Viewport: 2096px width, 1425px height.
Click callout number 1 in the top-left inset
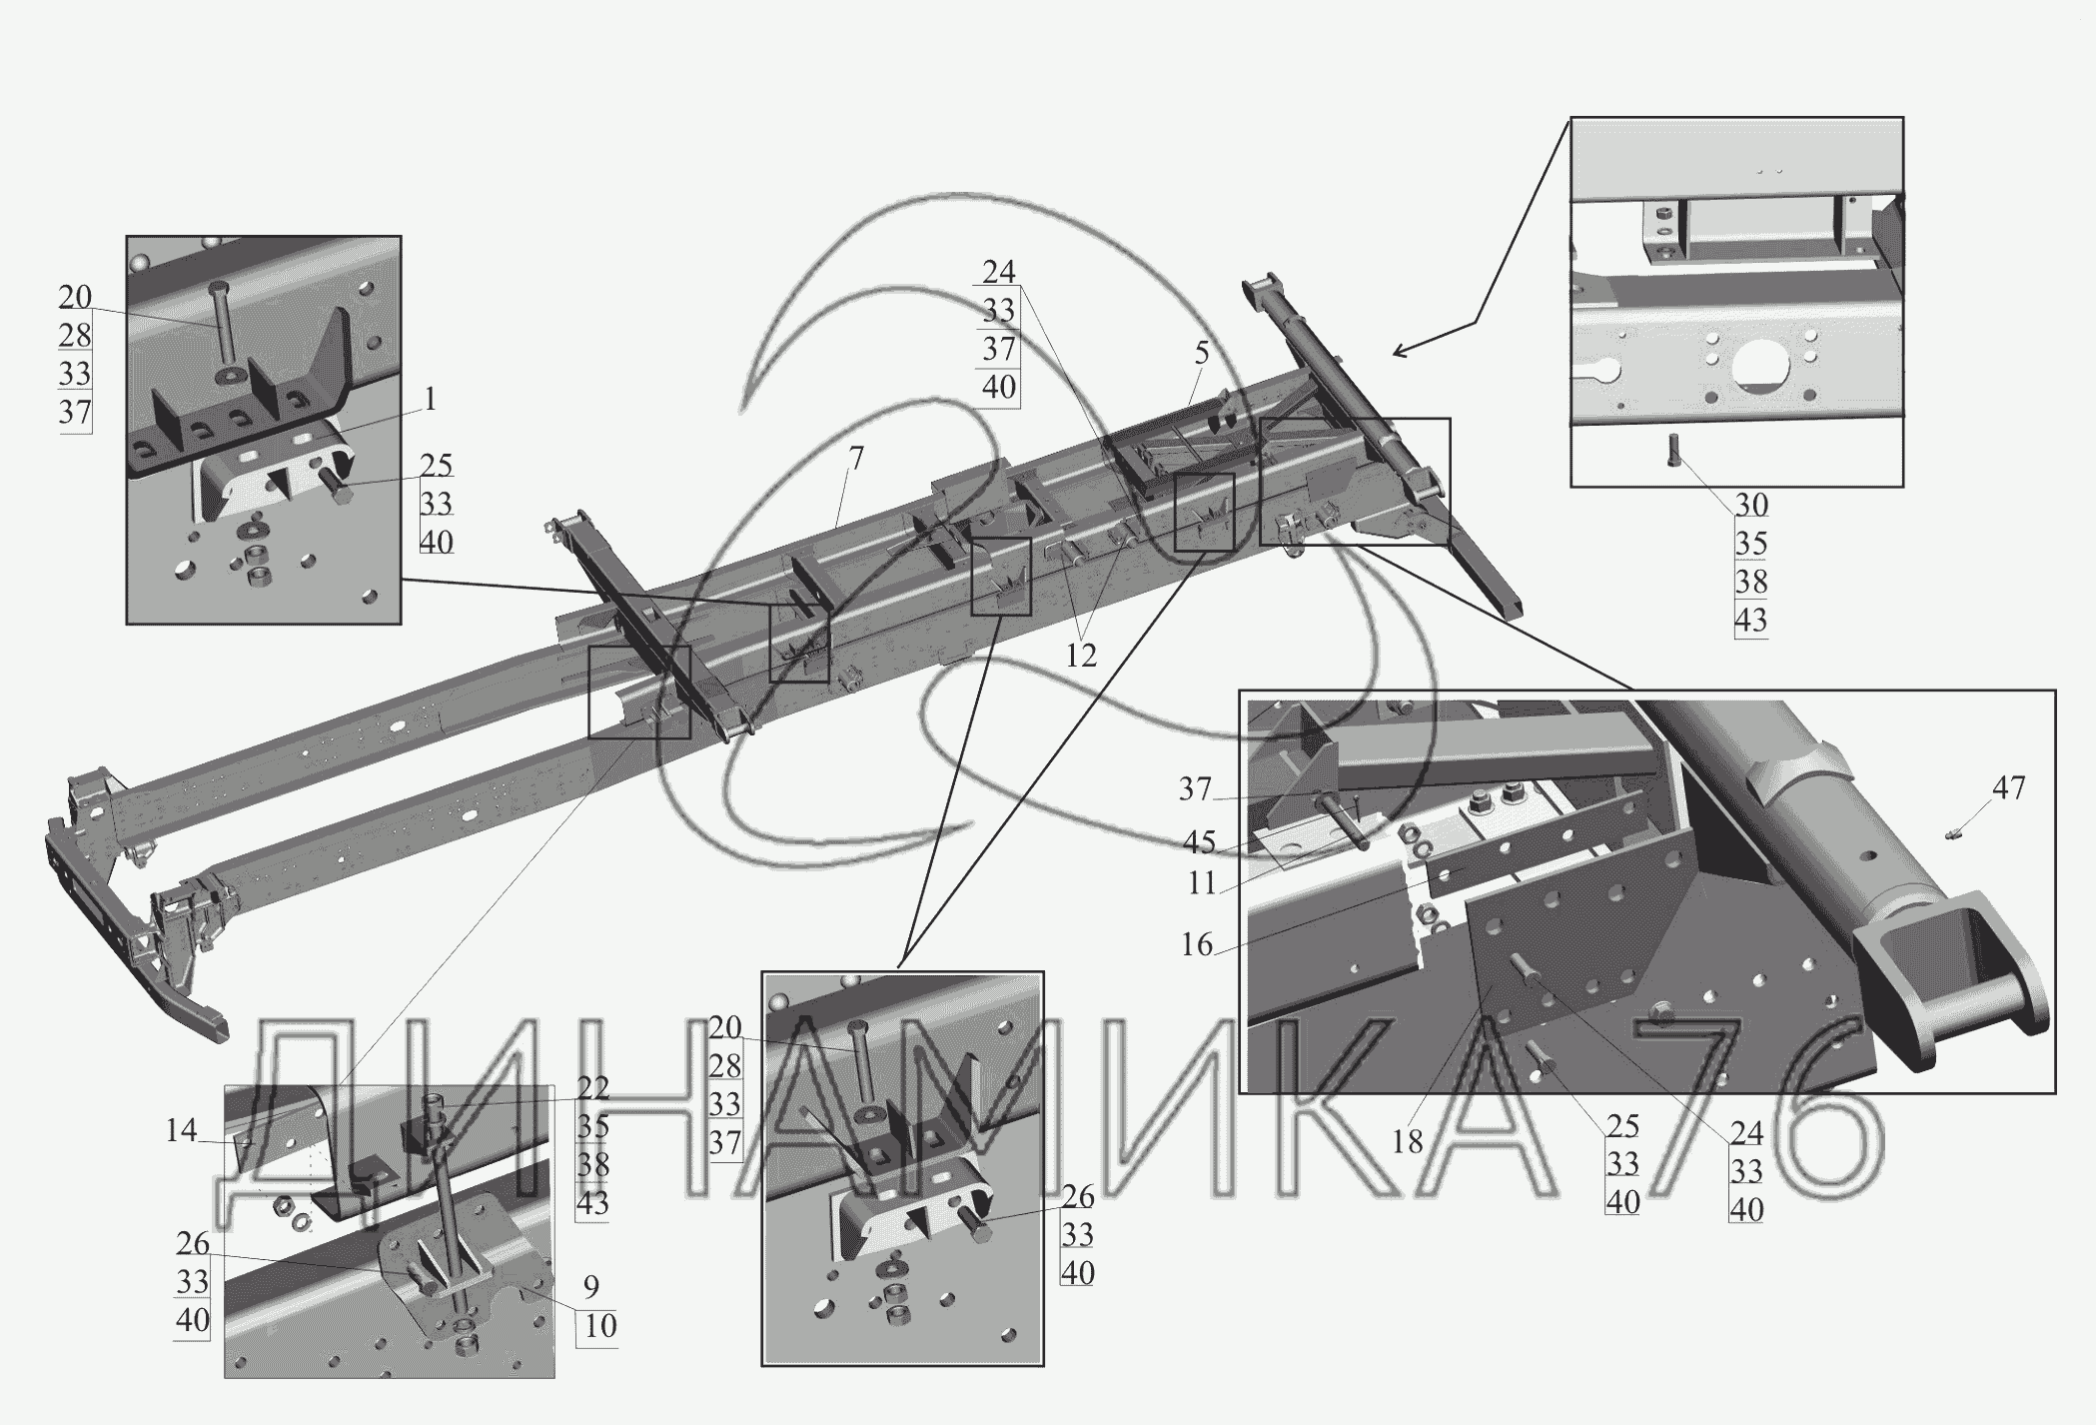point(431,401)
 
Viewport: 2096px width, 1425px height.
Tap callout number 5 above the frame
point(1202,353)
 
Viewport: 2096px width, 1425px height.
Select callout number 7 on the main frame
point(856,459)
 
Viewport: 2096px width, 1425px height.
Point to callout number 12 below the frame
point(1081,656)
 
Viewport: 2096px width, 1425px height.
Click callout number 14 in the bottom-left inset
point(181,1131)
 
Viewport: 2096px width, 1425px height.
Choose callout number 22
point(592,1088)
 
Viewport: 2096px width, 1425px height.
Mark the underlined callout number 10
point(600,1326)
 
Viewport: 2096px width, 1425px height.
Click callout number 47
point(2009,788)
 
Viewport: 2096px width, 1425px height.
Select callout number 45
point(1199,843)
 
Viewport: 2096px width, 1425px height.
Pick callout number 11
point(1202,883)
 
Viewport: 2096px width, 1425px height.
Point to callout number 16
point(1197,944)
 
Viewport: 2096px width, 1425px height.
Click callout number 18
point(1407,1141)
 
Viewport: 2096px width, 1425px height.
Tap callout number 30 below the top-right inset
point(1751,506)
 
